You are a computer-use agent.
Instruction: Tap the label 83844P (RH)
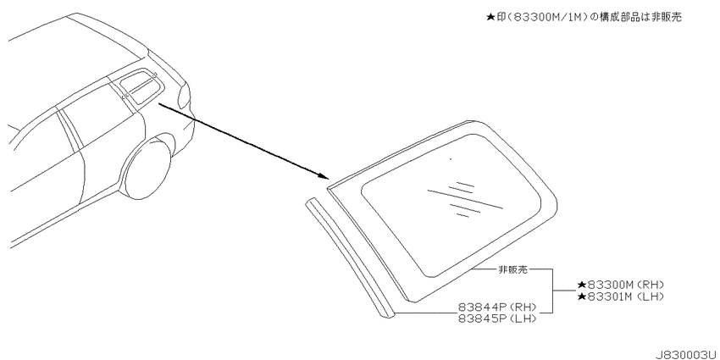click(497, 307)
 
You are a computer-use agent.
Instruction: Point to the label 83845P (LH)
click(497, 318)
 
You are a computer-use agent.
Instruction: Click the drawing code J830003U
click(687, 354)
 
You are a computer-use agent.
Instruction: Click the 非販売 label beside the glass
click(513, 270)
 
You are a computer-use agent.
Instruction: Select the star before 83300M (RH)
click(581, 285)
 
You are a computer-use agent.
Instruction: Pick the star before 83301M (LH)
click(581, 296)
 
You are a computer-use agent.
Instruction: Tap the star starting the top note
click(490, 18)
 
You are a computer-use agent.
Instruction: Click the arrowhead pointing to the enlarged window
click(324, 175)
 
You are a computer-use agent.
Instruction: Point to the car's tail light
click(183, 97)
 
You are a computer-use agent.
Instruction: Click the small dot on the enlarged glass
click(451, 159)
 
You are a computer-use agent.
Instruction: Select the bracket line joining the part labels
click(552, 291)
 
